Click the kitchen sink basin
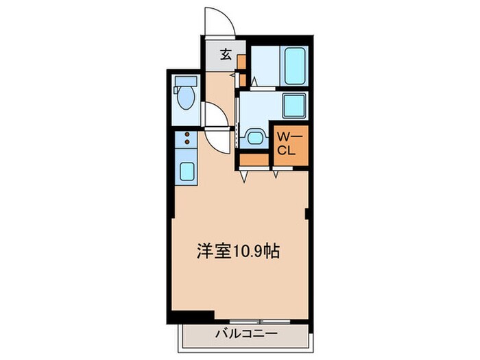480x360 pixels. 187,169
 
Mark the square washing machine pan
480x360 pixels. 293,106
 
